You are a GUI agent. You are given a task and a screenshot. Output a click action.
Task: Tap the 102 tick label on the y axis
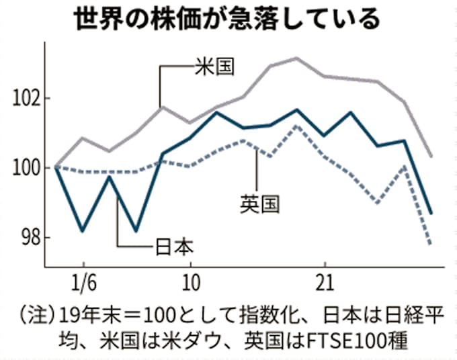[25, 98]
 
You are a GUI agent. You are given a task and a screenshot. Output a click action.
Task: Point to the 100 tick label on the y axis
[25, 168]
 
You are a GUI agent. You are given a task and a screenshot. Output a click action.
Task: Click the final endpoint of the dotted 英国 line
[431, 244]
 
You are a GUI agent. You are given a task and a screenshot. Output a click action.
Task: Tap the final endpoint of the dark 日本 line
[431, 214]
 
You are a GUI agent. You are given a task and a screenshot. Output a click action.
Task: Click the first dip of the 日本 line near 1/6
[82, 231]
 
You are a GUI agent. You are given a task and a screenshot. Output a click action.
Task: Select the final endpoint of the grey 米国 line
[431, 156]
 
